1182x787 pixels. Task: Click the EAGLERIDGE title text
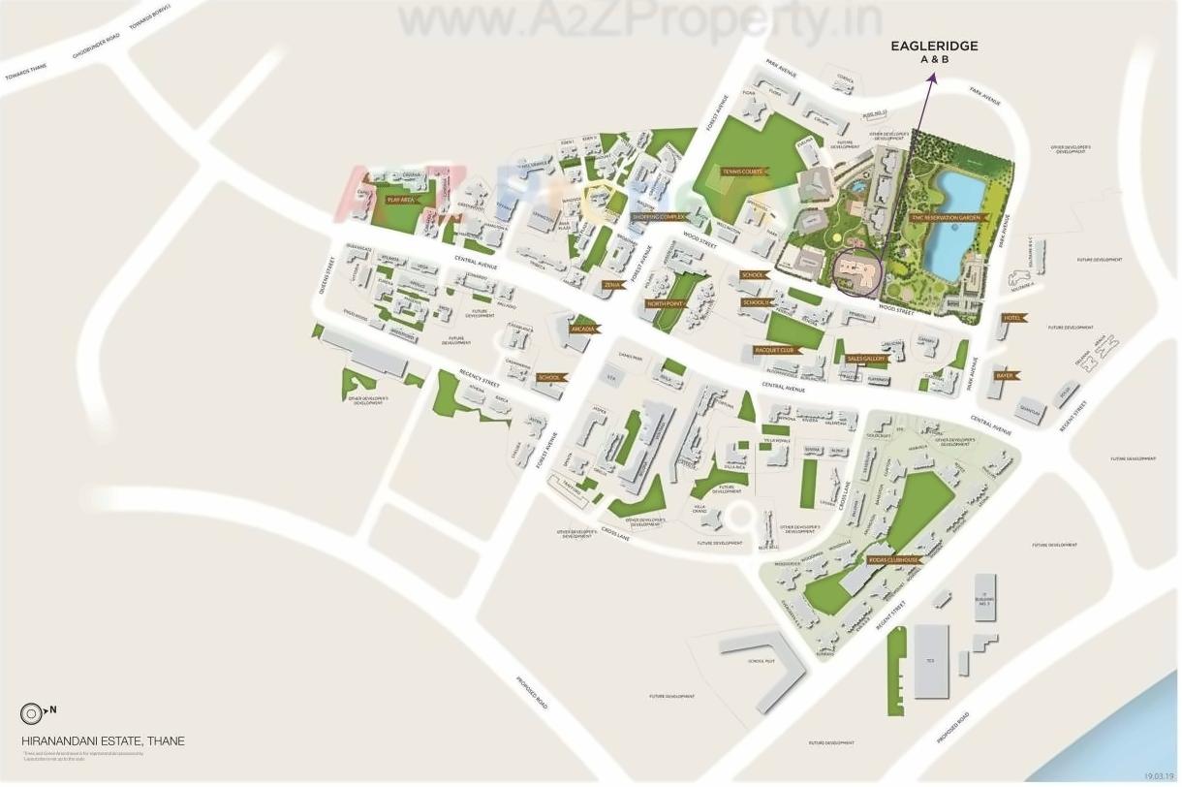(934, 46)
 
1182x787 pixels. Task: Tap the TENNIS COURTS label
(743, 172)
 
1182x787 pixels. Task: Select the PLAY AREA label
(401, 200)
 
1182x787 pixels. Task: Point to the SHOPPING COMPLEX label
(660, 217)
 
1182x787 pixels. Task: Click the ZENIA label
(612, 285)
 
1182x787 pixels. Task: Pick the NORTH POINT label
(666, 303)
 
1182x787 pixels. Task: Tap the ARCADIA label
(583, 330)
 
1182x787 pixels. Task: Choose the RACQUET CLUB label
(774, 349)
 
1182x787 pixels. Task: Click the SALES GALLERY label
(867, 359)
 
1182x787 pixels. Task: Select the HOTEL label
(1013, 318)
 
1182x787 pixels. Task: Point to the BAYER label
(1005, 375)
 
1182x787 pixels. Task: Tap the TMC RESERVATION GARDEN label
(947, 218)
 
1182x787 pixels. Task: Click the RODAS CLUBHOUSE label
(892, 560)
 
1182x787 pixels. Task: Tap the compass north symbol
(30, 713)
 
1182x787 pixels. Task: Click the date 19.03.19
(1158, 776)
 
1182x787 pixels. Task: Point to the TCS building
(930, 660)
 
